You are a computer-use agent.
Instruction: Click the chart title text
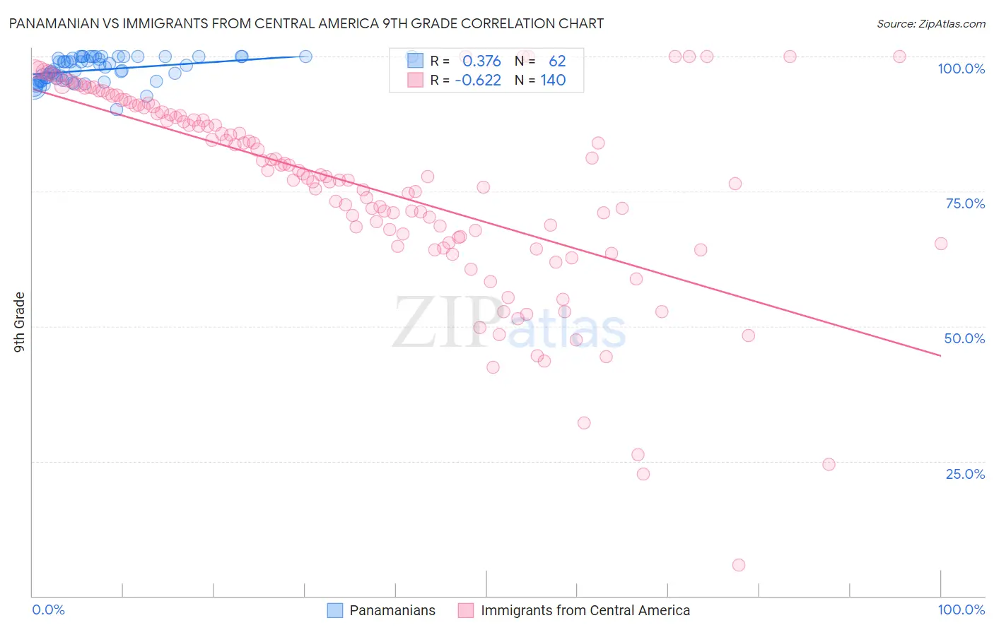pyautogui.click(x=306, y=23)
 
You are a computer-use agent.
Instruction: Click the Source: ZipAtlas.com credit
pyautogui.click(x=930, y=23)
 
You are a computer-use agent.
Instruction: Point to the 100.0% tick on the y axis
pyautogui.click(x=961, y=69)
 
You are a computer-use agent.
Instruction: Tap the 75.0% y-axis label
pyautogui.click(x=965, y=203)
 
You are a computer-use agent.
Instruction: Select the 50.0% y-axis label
pyautogui.click(x=964, y=338)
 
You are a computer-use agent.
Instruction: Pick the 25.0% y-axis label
pyautogui.click(x=965, y=474)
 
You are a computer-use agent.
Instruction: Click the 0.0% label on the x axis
pyautogui.click(x=48, y=610)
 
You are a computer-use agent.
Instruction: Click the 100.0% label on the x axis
pyautogui.click(x=961, y=610)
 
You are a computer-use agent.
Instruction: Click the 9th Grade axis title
pyautogui.click(x=19, y=322)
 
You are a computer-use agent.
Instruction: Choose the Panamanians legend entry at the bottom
pyautogui.click(x=392, y=610)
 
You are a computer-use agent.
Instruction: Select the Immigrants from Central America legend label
pyautogui.click(x=585, y=610)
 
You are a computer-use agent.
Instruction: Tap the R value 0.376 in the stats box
pyautogui.click(x=481, y=61)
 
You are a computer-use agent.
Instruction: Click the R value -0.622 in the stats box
pyautogui.click(x=478, y=81)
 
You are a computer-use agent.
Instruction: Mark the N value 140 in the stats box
pyautogui.click(x=553, y=81)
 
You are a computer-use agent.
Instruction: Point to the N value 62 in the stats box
pyautogui.click(x=557, y=61)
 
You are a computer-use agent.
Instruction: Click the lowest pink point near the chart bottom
pyautogui.click(x=739, y=565)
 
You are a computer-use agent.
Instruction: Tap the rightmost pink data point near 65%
pyautogui.click(x=941, y=244)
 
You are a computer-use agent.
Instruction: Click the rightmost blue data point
pyautogui.click(x=305, y=57)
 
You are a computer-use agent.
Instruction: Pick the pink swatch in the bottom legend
pyautogui.click(x=465, y=610)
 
